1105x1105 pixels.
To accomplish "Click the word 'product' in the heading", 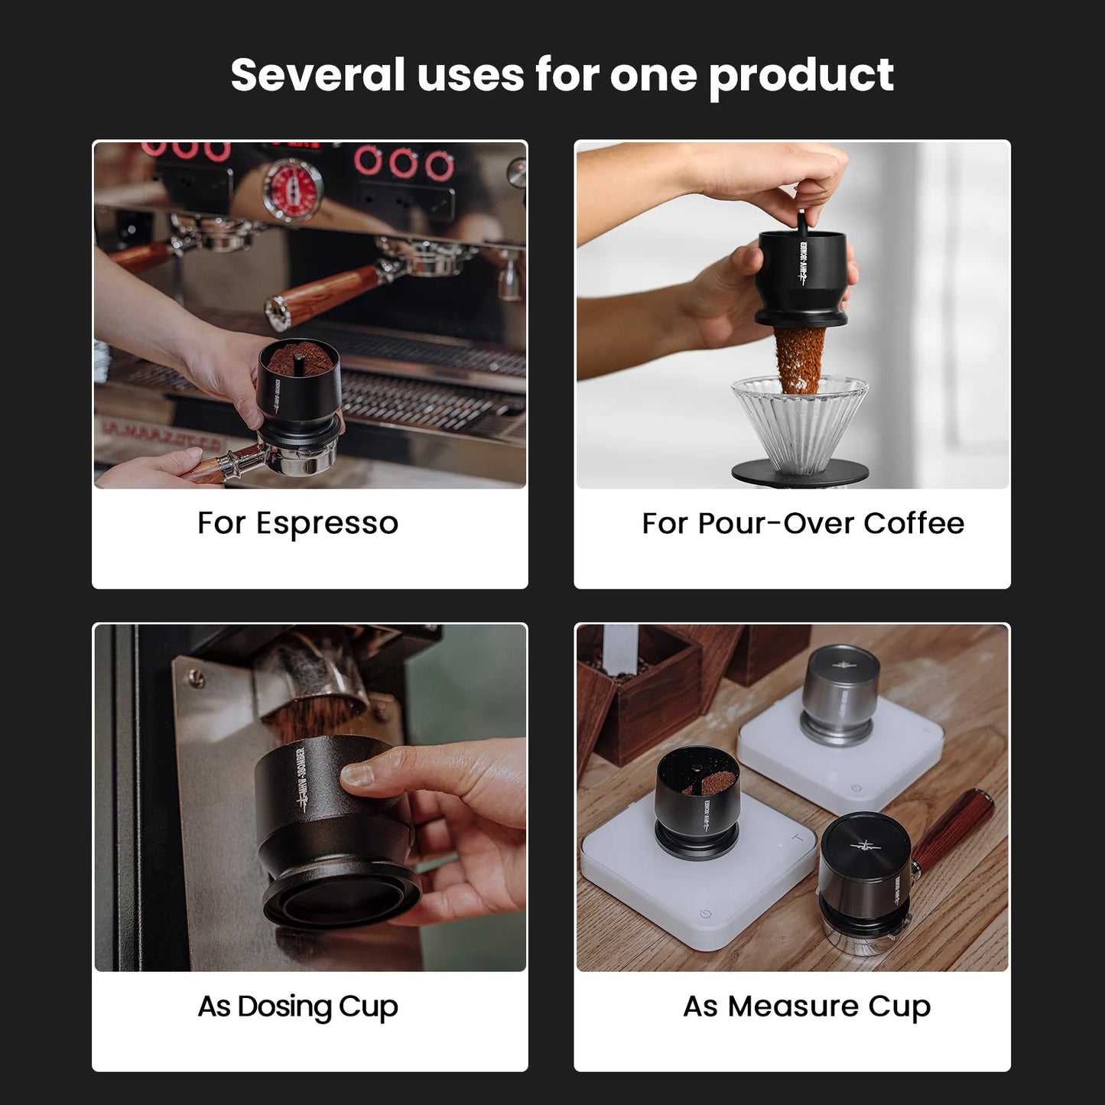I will (x=801, y=76).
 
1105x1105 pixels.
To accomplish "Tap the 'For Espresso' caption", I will (x=297, y=524).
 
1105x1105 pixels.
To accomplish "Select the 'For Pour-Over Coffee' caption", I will (x=803, y=524).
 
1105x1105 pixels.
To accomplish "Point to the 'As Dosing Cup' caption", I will (x=297, y=1006).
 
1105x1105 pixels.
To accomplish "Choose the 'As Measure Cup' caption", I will (x=807, y=1006).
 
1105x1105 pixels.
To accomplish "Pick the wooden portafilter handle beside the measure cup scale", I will (x=953, y=830).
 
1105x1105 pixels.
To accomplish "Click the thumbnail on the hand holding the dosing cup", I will (x=357, y=774).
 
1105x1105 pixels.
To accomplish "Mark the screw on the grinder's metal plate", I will (x=197, y=678).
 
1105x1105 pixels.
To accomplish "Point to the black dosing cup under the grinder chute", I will (x=329, y=826).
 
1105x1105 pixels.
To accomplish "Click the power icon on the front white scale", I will (x=705, y=914).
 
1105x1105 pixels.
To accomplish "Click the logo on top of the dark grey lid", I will (x=865, y=846).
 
